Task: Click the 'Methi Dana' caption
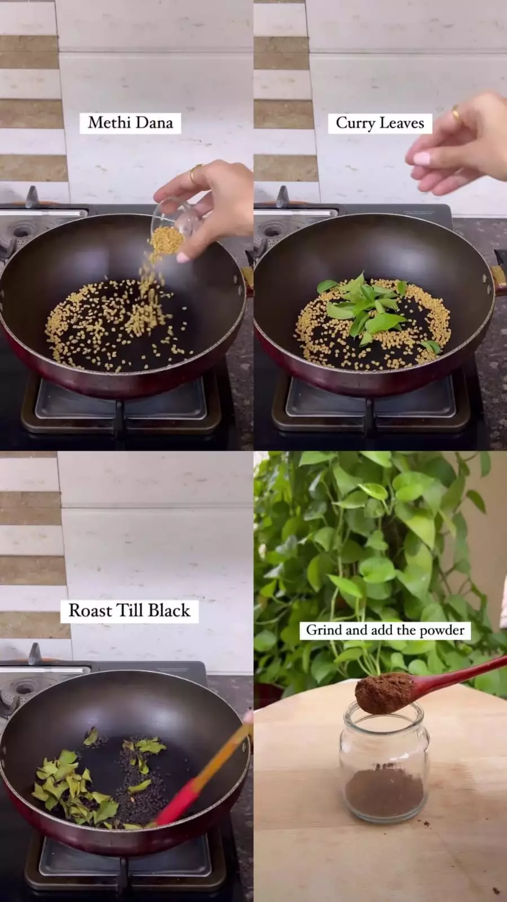pyautogui.click(x=130, y=123)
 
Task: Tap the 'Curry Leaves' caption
pyautogui.click(x=380, y=123)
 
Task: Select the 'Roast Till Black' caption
pyautogui.click(x=129, y=610)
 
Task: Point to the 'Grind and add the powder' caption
pyautogui.click(x=385, y=630)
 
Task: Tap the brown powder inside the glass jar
pyautogui.click(x=384, y=795)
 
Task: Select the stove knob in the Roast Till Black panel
pyautogui.click(x=34, y=654)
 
